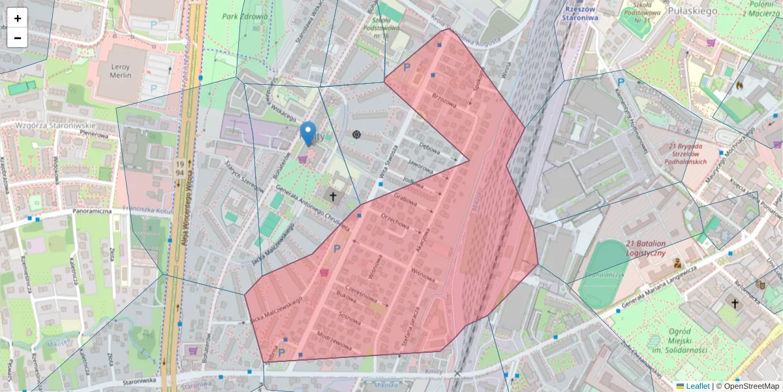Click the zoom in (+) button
click(x=18, y=18)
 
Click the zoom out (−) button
click(x=18, y=38)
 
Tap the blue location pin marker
click(x=308, y=133)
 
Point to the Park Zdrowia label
click(x=245, y=16)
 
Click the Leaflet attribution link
click(x=698, y=386)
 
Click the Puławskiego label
click(x=693, y=10)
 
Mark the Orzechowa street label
click(x=395, y=223)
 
